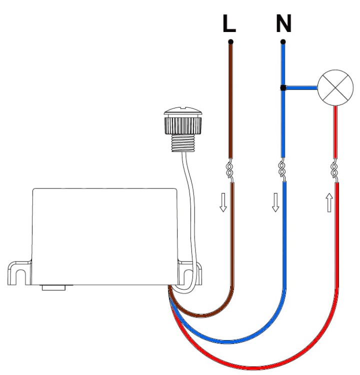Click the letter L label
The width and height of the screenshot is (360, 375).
229,24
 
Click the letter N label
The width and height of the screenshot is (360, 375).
283,24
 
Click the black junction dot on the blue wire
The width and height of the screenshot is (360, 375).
282,88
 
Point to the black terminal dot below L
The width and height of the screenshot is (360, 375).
230,41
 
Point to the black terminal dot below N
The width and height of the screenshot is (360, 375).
283,41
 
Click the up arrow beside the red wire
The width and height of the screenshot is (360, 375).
328,203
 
